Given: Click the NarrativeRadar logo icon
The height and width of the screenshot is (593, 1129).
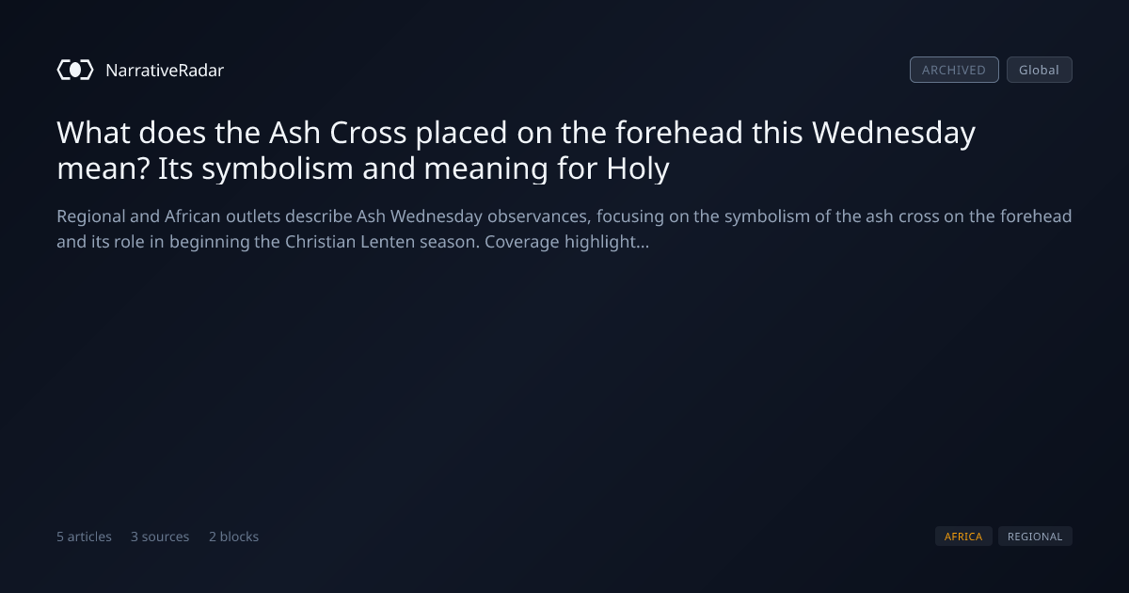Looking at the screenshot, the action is [75, 70].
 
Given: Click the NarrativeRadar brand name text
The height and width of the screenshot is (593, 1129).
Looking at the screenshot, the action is [165, 70].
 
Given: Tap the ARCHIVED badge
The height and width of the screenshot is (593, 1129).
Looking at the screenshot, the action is [954, 70].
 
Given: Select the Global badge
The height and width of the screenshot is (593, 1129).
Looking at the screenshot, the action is [1040, 70].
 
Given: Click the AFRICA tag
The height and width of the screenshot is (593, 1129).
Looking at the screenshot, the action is [963, 536].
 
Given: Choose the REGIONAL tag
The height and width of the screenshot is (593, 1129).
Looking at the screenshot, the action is [1035, 536].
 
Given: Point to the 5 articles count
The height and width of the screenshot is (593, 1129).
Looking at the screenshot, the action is [84, 537].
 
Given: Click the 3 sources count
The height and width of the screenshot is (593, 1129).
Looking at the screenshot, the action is [160, 537].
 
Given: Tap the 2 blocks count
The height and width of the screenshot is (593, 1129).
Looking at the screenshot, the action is [234, 537].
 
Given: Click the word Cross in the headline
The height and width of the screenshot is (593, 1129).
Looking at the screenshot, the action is [368, 133].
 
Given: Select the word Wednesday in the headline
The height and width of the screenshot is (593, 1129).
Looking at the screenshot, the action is [894, 134].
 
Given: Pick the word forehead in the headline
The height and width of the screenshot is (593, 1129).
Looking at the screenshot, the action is [679, 133].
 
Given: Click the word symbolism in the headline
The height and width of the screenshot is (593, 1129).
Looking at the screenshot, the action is [278, 168].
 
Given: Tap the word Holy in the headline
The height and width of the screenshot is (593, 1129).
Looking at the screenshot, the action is [638, 168].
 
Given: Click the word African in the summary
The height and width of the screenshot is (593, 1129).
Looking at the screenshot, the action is [193, 216].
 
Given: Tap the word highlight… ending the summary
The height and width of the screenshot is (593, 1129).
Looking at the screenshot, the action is [607, 243].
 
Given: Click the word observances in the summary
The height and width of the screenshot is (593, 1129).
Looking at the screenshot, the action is [539, 216].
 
